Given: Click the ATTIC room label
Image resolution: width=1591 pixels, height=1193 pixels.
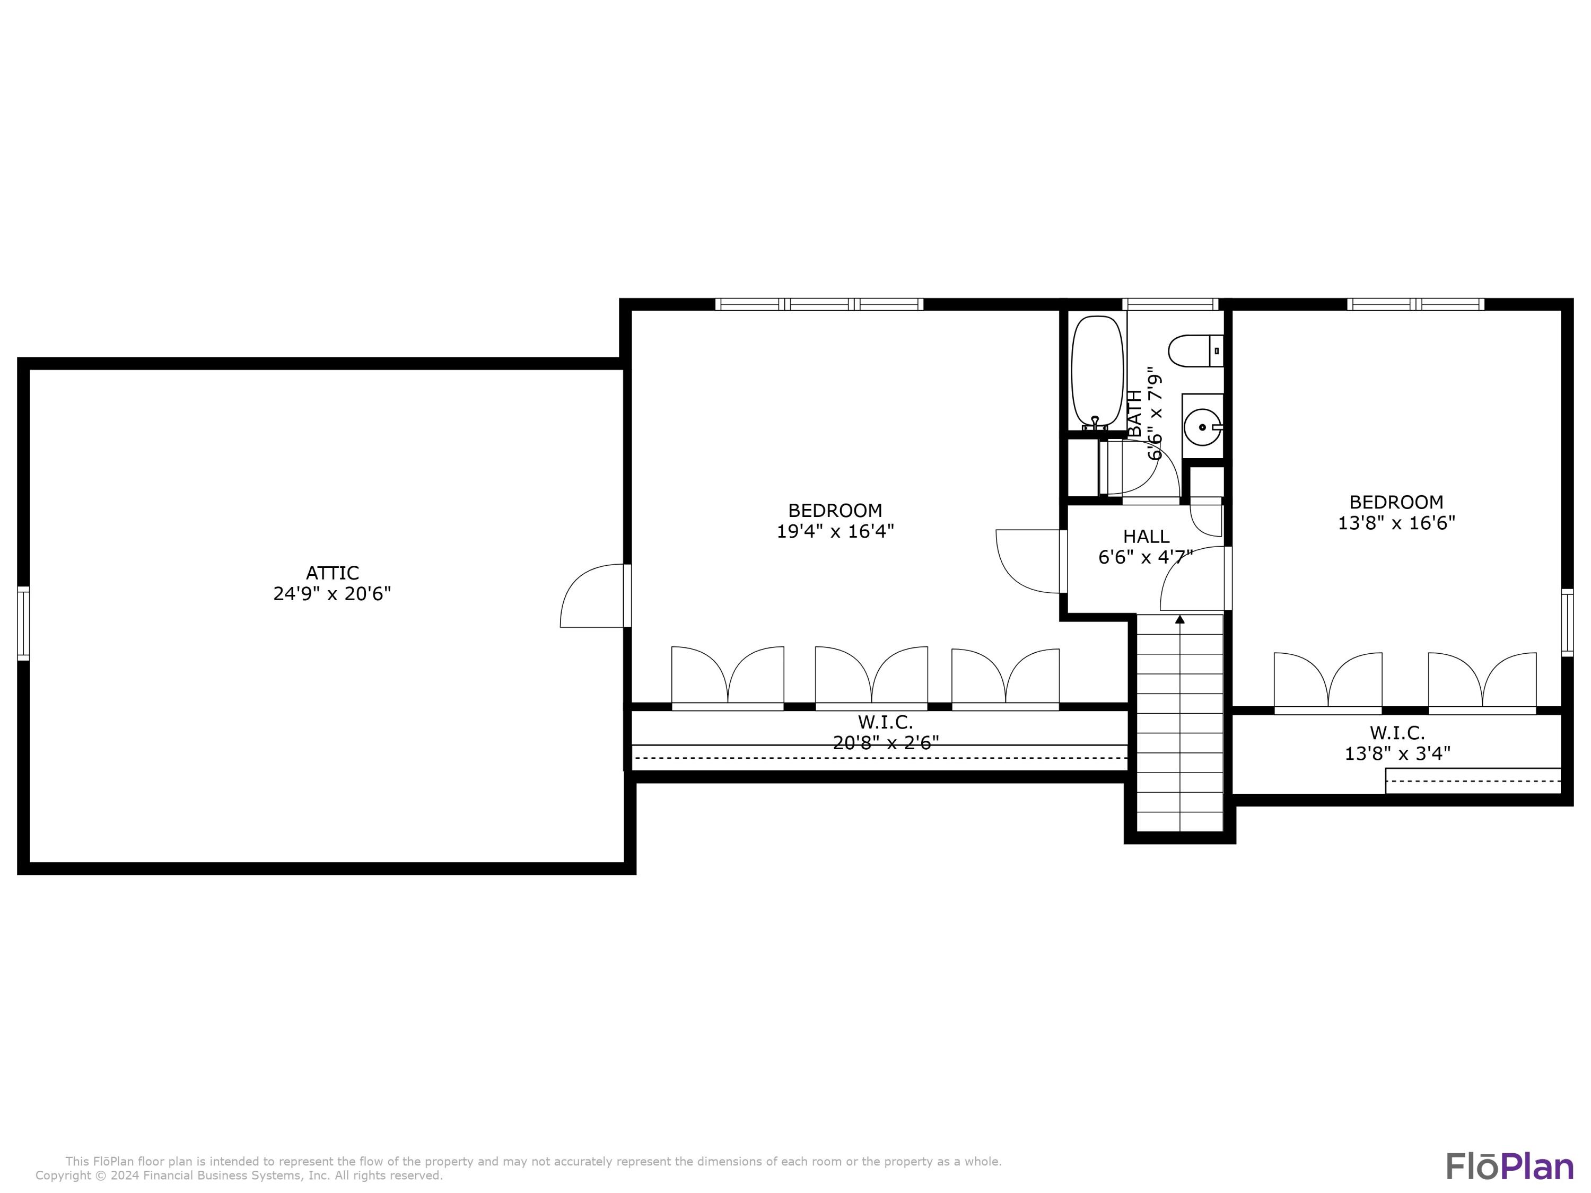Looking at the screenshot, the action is (333, 573).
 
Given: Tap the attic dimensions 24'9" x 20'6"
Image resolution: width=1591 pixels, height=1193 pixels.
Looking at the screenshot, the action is (333, 594).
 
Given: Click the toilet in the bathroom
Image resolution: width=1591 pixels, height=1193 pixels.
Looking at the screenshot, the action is (1195, 352).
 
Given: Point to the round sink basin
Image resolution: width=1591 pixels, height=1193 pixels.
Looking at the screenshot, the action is (1202, 427).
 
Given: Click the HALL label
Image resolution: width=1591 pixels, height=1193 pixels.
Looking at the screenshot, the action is (1147, 537).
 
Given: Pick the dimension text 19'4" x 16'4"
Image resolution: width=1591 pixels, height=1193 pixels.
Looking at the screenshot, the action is (835, 531).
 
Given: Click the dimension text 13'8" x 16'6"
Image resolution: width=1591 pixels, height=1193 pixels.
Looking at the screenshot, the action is (1396, 523).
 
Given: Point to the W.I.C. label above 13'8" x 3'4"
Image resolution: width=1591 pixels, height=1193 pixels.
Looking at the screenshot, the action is (1397, 733).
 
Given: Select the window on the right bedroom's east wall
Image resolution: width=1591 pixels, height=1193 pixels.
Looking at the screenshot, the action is (1567, 623).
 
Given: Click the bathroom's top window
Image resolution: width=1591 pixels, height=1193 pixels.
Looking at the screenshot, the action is (1170, 304).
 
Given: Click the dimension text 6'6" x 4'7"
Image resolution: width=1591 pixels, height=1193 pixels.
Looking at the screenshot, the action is (1146, 557).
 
